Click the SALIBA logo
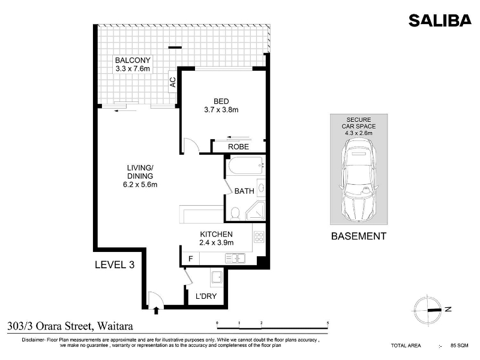(440, 20)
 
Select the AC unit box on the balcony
(173, 82)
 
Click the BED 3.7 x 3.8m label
(221, 106)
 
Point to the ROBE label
(238, 147)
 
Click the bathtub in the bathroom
(245, 166)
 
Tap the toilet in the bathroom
(235, 214)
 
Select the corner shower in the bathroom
(255, 211)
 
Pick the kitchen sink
(235, 259)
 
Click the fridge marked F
(190, 259)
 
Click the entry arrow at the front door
(156, 310)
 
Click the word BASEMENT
(359, 236)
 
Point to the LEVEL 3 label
(115, 265)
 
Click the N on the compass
(448, 309)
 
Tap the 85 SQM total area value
(459, 346)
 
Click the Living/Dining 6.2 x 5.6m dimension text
(140, 185)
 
